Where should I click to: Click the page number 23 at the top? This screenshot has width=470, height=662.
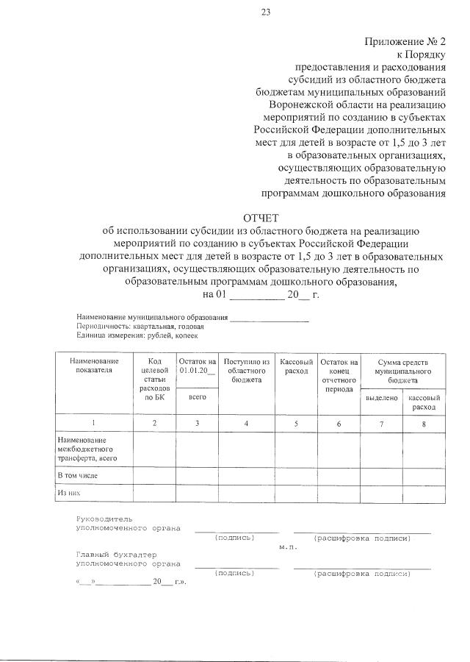(x=265, y=12)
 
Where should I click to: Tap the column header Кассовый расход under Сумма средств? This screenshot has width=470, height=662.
(x=424, y=402)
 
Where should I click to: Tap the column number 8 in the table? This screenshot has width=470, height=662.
(x=423, y=423)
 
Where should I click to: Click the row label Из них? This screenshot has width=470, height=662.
(x=68, y=494)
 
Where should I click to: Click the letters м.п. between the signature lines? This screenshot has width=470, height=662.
(x=287, y=547)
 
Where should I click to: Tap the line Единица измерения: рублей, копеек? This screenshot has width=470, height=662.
(x=137, y=335)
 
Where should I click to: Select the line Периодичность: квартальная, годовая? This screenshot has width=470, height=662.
(x=140, y=326)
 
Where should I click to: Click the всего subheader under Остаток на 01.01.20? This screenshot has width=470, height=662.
(x=197, y=397)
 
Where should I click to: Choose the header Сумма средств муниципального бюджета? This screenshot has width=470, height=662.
(x=402, y=371)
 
